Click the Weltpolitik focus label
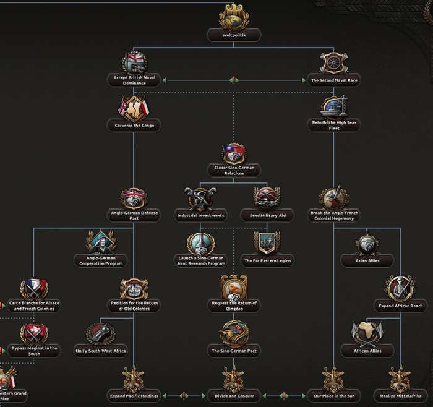[234, 36]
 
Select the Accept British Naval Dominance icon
[134, 62]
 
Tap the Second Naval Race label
[334, 80]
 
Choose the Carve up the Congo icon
[134, 107]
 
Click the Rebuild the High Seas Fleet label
[334, 126]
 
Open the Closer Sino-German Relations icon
[234, 153]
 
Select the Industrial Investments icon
[200, 198]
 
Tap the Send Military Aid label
[267, 216]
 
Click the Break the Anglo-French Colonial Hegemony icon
[334, 198]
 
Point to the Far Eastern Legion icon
[267, 242]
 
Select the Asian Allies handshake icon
[367, 242]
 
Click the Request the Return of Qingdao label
[234, 306]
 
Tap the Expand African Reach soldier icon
[400, 287]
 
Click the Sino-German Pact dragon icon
[234, 332]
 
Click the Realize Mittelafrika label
[401, 395]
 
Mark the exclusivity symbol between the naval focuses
[234, 80]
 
